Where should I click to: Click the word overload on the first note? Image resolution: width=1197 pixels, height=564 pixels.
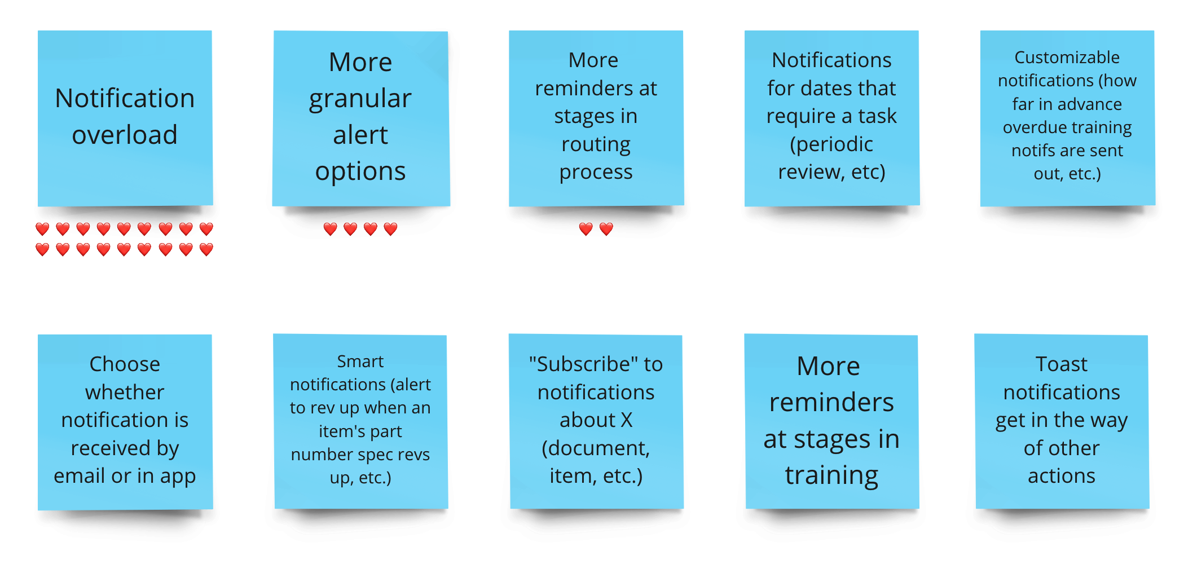(125, 135)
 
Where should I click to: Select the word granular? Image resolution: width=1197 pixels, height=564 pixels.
(360, 99)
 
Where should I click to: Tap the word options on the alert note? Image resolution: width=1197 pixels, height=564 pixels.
(360, 171)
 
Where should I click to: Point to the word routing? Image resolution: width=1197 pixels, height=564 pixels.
(596, 144)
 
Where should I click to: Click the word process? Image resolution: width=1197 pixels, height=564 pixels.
(596, 172)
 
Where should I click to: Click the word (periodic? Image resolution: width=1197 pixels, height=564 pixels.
(831, 144)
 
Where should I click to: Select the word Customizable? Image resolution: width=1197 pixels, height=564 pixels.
(1067, 57)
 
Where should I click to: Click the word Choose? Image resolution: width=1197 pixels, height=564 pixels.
(125, 364)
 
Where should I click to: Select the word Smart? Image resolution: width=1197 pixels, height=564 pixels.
(360, 361)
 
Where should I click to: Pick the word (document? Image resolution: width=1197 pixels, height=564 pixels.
(596, 448)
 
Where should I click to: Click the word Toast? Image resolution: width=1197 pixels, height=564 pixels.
(1061, 364)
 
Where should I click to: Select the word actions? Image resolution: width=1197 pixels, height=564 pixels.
(1061, 476)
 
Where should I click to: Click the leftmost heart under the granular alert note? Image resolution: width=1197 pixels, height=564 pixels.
(330, 228)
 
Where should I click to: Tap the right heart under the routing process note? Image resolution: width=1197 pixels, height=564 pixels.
(606, 228)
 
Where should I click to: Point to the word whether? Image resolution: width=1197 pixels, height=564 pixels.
(125, 392)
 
